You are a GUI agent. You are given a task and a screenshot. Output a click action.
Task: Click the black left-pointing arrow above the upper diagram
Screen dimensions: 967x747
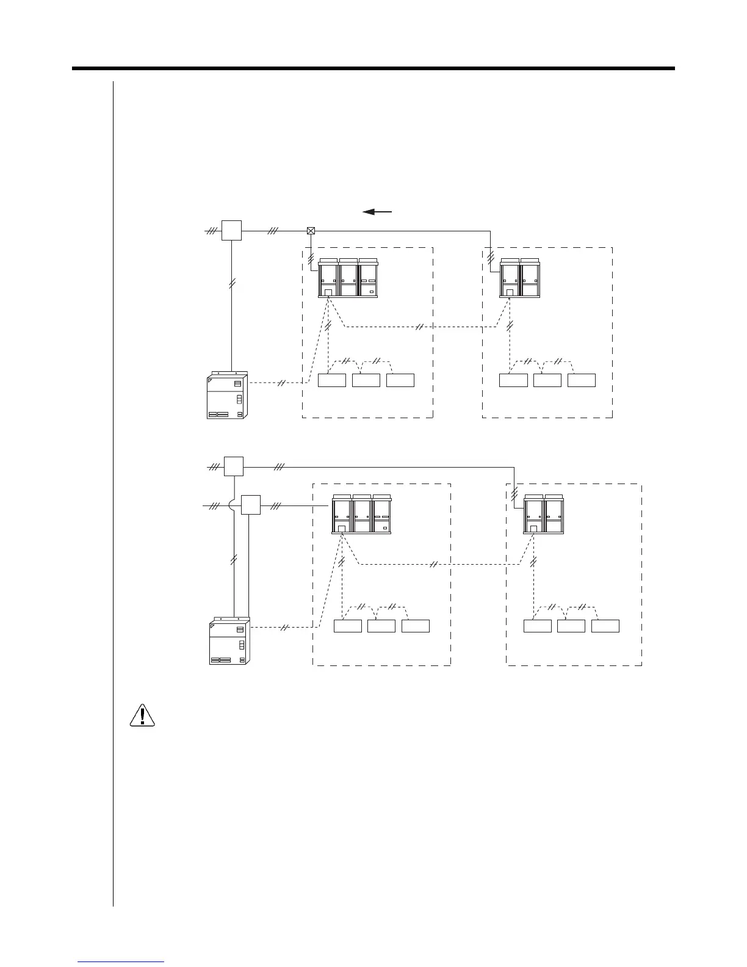pyautogui.click(x=377, y=212)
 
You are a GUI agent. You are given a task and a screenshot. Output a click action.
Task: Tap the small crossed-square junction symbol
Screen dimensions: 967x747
pyautogui.click(x=311, y=231)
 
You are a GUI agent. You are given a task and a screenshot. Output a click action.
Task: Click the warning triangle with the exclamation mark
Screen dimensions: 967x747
pyautogui.click(x=142, y=715)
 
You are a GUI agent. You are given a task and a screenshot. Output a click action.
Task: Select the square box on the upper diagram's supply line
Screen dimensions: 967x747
pyautogui.click(x=231, y=231)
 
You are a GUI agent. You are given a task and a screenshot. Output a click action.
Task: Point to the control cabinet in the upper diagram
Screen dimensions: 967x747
pyautogui.click(x=228, y=395)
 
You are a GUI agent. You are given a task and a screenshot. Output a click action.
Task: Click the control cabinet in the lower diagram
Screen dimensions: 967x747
pyautogui.click(x=229, y=642)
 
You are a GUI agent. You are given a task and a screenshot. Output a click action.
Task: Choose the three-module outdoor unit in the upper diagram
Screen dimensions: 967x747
pyautogui.click(x=348, y=278)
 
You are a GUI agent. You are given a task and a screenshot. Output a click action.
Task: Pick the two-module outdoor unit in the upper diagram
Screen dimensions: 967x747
pyautogui.click(x=520, y=278)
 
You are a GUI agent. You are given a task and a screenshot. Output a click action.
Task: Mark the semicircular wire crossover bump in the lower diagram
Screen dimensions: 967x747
pyautogui.click(x=234, y=505)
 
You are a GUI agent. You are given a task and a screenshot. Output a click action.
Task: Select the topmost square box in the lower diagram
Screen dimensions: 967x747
pyautogui.click(x=234, y=466)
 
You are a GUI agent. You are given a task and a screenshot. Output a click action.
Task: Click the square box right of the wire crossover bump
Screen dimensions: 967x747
pyautogui.click(x=251, y=505)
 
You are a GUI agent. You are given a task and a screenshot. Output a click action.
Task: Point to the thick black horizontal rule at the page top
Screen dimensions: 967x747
pyautogui.click(x=374, y=68)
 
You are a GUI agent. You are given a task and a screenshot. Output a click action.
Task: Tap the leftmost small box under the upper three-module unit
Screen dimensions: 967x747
pyautogui.click(x=332, y=380)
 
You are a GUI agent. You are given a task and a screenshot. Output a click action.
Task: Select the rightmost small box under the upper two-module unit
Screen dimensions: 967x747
pyautogui.click(x=581, y=380)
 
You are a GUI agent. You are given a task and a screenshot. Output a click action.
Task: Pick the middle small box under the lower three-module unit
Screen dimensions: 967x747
pyautogui.click(x=381, y=626)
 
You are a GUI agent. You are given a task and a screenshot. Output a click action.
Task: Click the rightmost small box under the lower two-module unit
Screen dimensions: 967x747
pyautogui.click(x=605, y=626)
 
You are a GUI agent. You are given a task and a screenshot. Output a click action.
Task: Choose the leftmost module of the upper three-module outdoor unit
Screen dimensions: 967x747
pyautogui.click(x=329, y=278)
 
